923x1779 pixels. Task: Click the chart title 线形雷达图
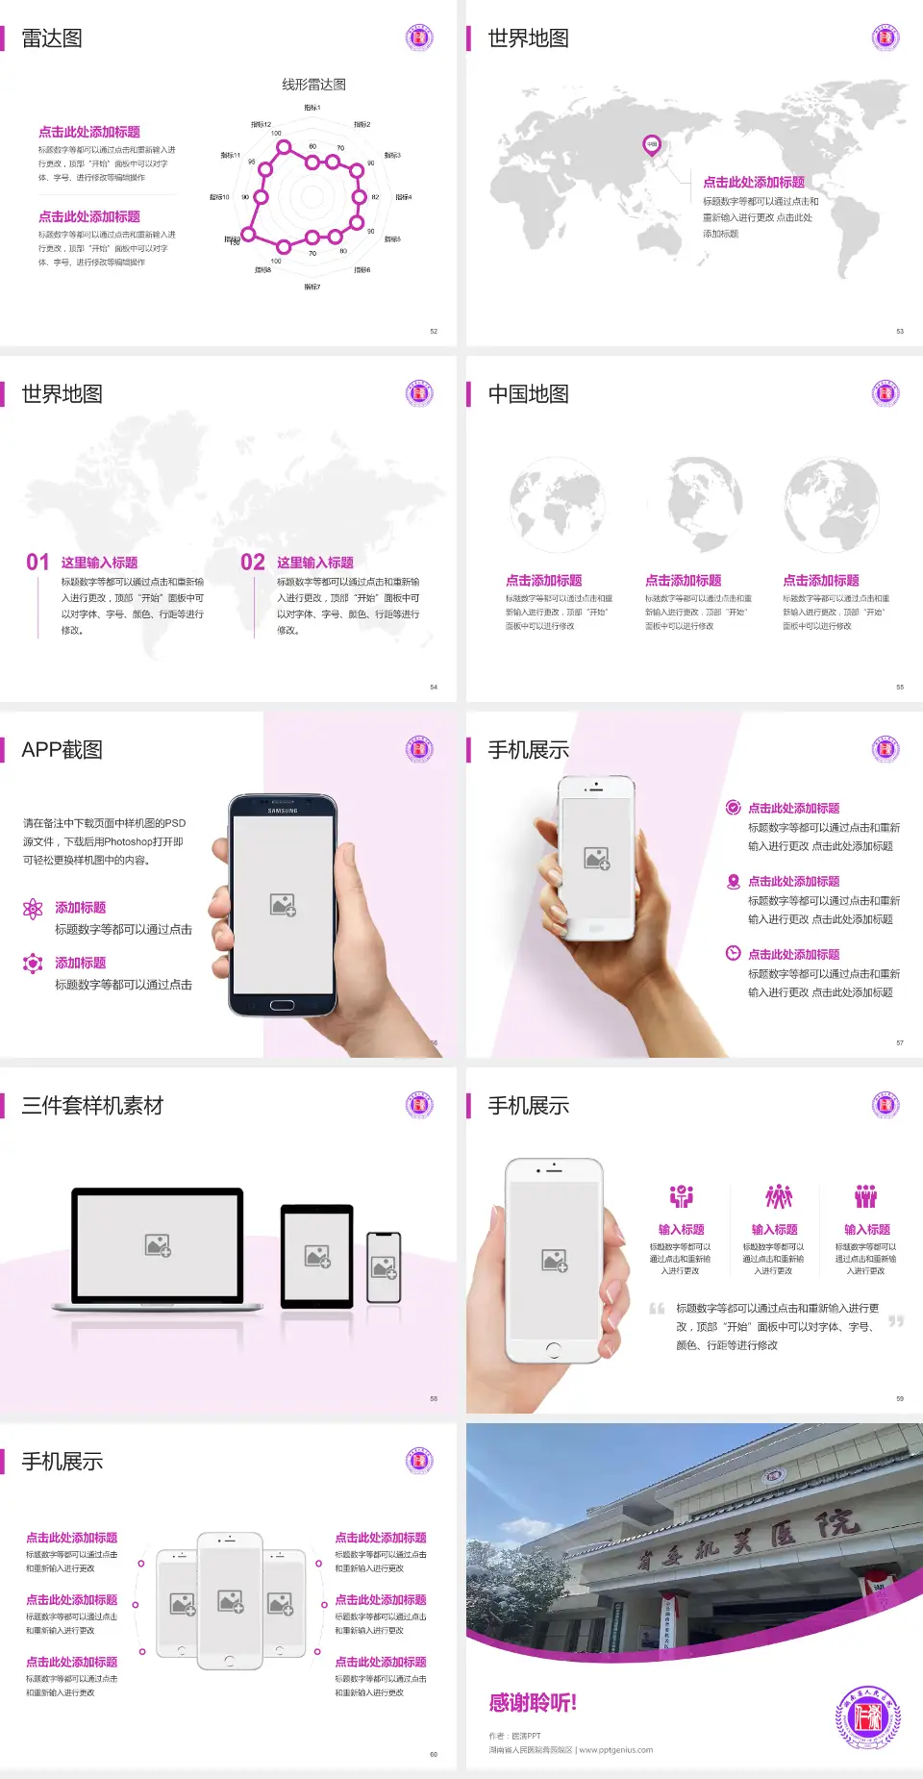[x=313, y=85]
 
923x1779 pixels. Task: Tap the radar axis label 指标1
[x=312, y=108]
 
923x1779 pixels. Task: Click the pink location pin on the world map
[x=651, y=145]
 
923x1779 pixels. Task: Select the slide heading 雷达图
[x=52, y=38]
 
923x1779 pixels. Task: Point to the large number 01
[x=37, y=562]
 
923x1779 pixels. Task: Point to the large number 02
[x=253, y=562]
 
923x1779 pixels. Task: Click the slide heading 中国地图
[x=528, y=394]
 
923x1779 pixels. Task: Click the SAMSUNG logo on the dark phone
[x=283, y=811]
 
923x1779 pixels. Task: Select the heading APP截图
[x=62, y=750]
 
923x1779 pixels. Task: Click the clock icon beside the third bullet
[x=733, y=953]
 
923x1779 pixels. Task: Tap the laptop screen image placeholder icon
[x=158, y=1245]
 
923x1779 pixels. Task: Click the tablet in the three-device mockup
[x=317, y=1255]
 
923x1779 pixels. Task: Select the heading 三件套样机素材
[x=92, y=1106]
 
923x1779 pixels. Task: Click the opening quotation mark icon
[x=657, y=1308]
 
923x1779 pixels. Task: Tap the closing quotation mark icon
[x=896, y=1321]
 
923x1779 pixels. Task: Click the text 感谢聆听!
[x=533, y=1703]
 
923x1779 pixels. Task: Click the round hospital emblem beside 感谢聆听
[x=868, y=1717]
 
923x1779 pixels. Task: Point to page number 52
[x=434, y=331]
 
